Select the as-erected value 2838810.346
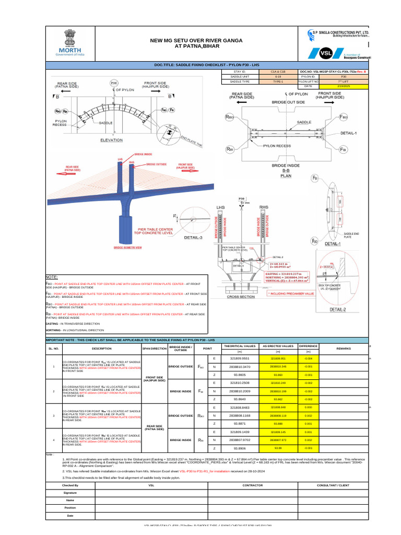[278, 367]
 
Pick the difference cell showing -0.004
[308, 359]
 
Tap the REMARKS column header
[343, 347]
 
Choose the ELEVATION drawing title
[112, 140]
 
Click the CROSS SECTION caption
[241, 296]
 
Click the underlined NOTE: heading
[52, 276]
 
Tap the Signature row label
[70, 493]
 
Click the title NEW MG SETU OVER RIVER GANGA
[186, 40]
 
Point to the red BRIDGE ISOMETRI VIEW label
[128, 247]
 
